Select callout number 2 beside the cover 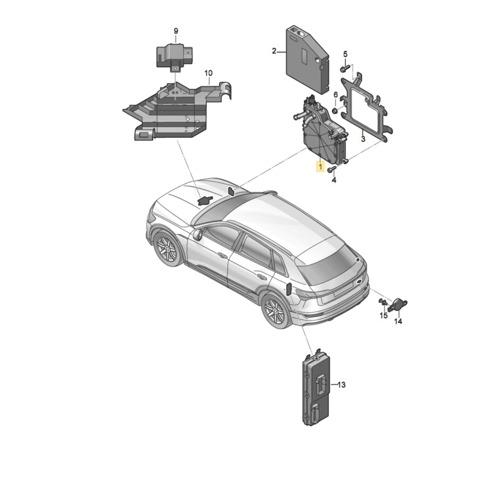point(274,51)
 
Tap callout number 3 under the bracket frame point(363,139)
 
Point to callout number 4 point(334,180)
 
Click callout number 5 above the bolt point(345,54)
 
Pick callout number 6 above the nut point(336,95)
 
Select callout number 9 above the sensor point(176,31)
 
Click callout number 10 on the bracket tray point(208,73)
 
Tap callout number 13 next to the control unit point(341,385)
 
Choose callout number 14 point(398,321)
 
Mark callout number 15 point(383,316)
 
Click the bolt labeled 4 point(331,169)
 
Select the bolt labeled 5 point(345,68)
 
